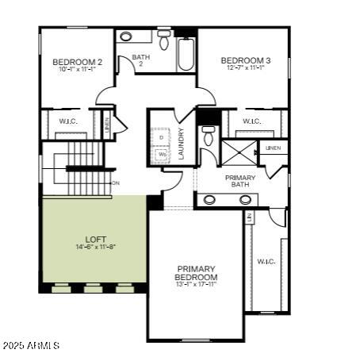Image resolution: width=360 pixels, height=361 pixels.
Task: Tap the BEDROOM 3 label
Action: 246,60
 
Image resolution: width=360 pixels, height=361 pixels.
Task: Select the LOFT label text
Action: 96,239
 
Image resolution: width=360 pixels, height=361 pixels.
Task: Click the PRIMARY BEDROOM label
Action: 197,273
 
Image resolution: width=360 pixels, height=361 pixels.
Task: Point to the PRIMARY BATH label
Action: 240,181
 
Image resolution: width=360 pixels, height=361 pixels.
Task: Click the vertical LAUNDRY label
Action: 182,144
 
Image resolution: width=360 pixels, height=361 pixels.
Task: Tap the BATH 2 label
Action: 141,60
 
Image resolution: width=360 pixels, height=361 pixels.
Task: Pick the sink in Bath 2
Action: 127,36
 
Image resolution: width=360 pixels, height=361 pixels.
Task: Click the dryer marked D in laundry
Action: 161,137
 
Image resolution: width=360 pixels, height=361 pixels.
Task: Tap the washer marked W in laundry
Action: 161,155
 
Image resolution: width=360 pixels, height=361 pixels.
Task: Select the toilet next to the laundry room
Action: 209,136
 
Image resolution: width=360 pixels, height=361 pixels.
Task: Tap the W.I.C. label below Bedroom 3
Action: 251,121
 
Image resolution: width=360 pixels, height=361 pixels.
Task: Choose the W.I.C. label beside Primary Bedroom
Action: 266,261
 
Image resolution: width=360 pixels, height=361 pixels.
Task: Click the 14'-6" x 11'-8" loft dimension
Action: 96,247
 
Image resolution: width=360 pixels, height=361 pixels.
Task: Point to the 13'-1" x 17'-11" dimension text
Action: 197,284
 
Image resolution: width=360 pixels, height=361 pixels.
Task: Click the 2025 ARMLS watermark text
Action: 31,345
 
